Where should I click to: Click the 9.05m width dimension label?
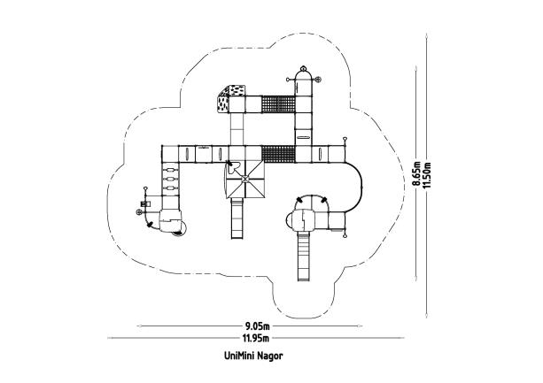(x=257, y=326)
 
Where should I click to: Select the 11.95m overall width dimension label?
(x=256, y=338)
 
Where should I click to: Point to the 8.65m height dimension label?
(x=416, y=174)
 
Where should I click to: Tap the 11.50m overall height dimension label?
(x=427, y=175)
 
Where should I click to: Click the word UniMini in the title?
(x=239, y=356)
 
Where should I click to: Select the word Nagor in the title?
(x=270, y=356)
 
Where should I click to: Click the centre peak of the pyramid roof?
(x=245, y=179)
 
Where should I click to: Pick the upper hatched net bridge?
(x=278, y=104)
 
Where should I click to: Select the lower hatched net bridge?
(x=278, y=154)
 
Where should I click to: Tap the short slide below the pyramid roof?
(x=237, y=218)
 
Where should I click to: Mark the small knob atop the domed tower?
(x=304, y=68)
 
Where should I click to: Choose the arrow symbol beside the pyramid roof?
(x=231, y=167)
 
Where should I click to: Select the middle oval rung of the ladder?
(x=170, y=179)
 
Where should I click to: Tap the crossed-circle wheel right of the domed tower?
(x=317, y=80)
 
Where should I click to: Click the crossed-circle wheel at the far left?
(x=139, y=212)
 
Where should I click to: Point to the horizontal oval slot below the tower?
(x=303, y=137)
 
